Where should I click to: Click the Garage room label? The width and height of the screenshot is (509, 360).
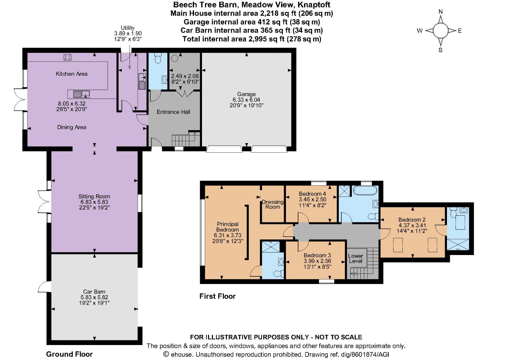click(246, 94)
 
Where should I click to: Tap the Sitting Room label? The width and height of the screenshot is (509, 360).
click(94, 197)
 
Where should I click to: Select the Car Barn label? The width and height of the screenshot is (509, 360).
click(94, 292)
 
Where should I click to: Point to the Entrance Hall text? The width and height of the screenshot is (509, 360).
click(173, 112)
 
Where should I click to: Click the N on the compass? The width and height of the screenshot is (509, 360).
click(441, 12)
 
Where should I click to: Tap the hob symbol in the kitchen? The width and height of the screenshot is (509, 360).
click(67, 57)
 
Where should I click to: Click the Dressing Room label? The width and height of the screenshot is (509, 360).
click(273, 204)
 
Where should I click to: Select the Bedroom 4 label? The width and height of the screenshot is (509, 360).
click(312, 194)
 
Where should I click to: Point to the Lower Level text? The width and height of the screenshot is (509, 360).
click(355, 258)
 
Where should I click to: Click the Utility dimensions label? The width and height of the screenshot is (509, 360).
click(128, 33)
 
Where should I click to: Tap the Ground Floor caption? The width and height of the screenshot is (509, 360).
click(69, 354)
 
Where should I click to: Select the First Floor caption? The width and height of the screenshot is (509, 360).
click(218, 296)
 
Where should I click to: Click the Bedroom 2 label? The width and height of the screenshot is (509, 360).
click(412, 220)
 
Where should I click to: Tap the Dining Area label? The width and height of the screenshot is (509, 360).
click(72, 127)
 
